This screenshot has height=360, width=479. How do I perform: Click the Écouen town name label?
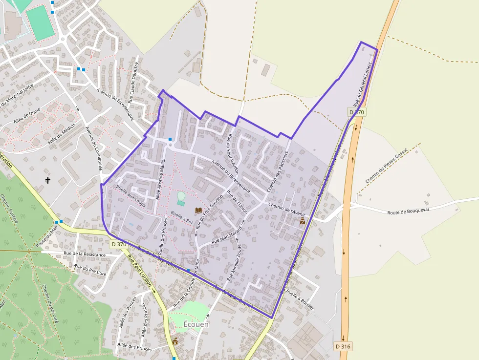(196, 324)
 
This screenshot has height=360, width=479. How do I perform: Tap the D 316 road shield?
(343, 346)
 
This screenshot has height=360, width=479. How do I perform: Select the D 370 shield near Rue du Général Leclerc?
(357, 112)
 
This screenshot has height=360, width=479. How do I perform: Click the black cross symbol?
(48, 180)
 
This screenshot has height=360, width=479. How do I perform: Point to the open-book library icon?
(198, 211)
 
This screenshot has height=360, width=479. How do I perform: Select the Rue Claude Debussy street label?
(133, 82)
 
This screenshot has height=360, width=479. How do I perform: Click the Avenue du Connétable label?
(94, 148)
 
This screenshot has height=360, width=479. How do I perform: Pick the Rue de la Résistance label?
(85, 254)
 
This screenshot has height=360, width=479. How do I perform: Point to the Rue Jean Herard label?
(226, 235)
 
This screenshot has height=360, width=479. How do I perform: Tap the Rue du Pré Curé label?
(90, 270)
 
